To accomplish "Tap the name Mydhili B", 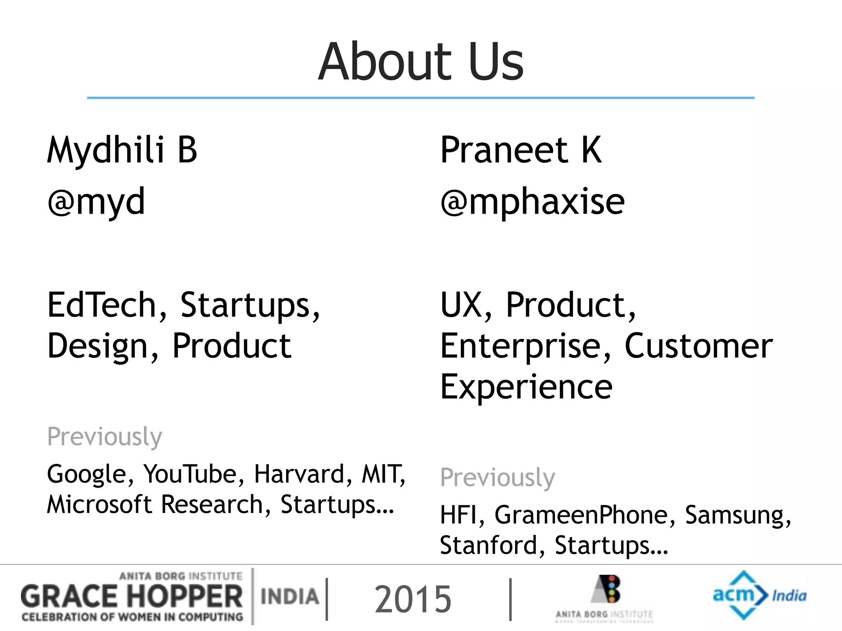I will click(122, 150).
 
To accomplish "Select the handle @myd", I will click(96, 201).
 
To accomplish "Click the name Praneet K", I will click(520, 150).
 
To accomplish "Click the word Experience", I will click(526, 387).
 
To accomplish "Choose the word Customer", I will click(698, 346).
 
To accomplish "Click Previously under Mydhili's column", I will click(104, 437).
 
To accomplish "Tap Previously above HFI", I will click(497, 478).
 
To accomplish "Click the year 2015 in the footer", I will click(413, 599).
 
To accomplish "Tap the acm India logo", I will click(759, 595).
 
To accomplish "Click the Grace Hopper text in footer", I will click(132, 596).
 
